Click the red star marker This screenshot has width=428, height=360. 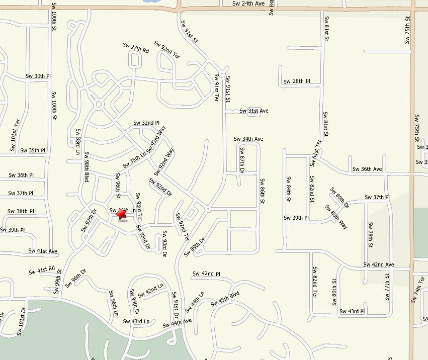point(121,214)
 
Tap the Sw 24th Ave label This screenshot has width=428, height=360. point(248,4)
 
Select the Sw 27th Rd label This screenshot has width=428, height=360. point(136,48)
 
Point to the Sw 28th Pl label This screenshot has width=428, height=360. point(297,81)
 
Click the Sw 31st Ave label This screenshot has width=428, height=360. point(254,111)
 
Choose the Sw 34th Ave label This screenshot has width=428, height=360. point(248,139)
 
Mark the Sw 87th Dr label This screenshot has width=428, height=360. point(242,160)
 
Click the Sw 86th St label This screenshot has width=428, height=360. point(262,191)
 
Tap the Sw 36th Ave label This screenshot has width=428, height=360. point(367,169)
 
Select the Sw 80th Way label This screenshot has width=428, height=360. point(336,216)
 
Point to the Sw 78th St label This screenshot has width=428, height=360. point(370,235)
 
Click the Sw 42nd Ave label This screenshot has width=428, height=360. point(379,264)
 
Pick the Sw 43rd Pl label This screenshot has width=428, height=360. point(352,311)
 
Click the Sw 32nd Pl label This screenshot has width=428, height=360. point(146,123)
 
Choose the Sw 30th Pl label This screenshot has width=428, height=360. point(39,76)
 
